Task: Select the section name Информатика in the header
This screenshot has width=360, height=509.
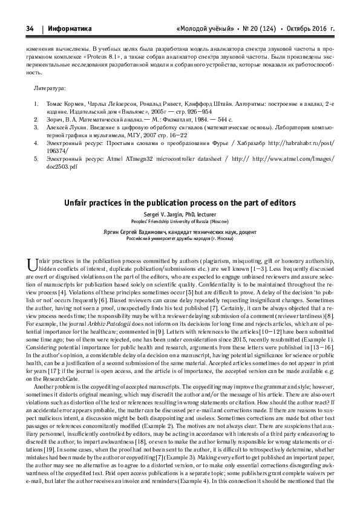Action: click(x=68, y=28)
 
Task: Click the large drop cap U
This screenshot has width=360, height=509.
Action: click(x=33, y=262)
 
